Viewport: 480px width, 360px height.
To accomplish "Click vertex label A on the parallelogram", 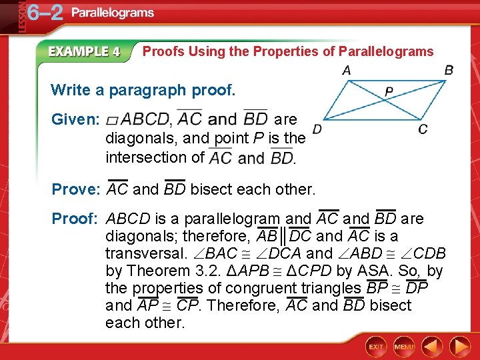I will click(x=347, y=70).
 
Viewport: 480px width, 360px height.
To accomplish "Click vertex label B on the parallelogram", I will click(x=449, y=70).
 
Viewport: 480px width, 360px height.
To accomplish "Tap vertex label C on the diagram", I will click(x=423, y=129).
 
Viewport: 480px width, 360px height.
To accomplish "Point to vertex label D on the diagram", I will click(x=317, y=129).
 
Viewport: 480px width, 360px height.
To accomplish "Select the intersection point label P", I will click(x=389, y=91).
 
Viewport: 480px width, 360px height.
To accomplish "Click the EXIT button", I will click(x=377, y=347).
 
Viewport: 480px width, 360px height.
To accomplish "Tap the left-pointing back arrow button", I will click(x=432, y=347).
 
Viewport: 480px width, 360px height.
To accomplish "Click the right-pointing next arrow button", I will click(x=459, y=347).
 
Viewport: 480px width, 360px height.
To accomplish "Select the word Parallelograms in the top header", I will click(x=113, y=13).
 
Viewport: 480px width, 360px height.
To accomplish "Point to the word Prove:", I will click(x=75, y=189).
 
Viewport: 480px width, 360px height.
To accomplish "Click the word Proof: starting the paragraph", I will click(x=75, y=219).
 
